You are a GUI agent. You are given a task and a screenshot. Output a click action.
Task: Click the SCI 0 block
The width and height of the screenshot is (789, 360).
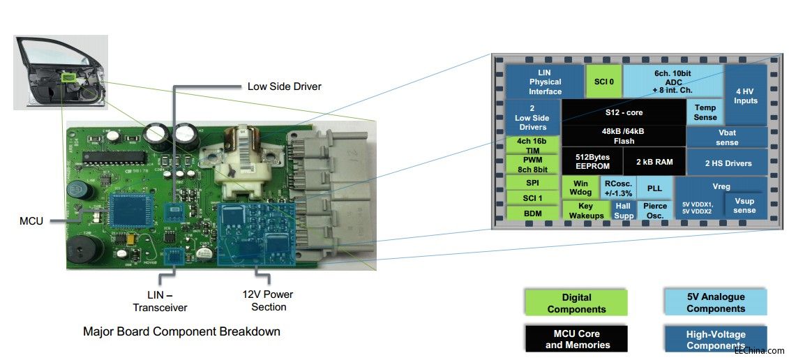[x=603, y=82]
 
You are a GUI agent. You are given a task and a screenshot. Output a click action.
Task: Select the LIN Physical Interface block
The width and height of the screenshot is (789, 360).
[x=545, y=82]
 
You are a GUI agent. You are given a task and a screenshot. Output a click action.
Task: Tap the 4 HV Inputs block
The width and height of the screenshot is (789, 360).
[x=746, y=96]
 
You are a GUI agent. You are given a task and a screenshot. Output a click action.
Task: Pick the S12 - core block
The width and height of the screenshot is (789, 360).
[x=624, y=112]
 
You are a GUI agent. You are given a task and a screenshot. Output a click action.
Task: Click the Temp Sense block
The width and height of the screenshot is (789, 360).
[x=705, y=112]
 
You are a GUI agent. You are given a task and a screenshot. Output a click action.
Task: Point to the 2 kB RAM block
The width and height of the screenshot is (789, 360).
[x=654, y=162]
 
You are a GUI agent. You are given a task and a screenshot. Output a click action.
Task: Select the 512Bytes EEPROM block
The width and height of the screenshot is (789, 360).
[x=593, y=162]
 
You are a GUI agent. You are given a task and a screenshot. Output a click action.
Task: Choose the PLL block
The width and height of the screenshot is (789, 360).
[x=654, y=188]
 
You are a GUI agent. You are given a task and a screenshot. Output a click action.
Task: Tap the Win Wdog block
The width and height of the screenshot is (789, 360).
[x=580, y=188]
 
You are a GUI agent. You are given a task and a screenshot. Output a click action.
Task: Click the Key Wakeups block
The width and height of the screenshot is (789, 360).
[x=585, y=211]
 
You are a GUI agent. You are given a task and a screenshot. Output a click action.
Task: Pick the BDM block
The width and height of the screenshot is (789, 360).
[x=532, y=213]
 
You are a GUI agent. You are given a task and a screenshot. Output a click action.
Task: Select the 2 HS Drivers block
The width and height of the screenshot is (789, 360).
[x=728, y=163]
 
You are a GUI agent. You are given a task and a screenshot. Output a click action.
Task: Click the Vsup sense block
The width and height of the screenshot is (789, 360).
[x=744, y=206]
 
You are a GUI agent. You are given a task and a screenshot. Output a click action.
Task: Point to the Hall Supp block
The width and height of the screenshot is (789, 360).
[x=624, y=211]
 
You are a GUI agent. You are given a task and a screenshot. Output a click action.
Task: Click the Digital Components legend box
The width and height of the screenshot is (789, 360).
[x=576, y=303]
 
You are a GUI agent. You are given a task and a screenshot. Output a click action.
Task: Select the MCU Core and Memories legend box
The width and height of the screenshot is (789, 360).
[x=576, y=339]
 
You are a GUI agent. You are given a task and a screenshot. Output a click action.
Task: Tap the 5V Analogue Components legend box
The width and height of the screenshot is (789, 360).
[x=715, y=303]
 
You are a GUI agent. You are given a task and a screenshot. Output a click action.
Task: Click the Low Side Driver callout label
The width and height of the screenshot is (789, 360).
[x=284, y=87]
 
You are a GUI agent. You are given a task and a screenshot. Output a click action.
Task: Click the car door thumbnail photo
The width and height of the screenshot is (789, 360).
[x=61, y=72]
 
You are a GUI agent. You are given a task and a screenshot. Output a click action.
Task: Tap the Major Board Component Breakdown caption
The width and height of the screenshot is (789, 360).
[x=181, y=331]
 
